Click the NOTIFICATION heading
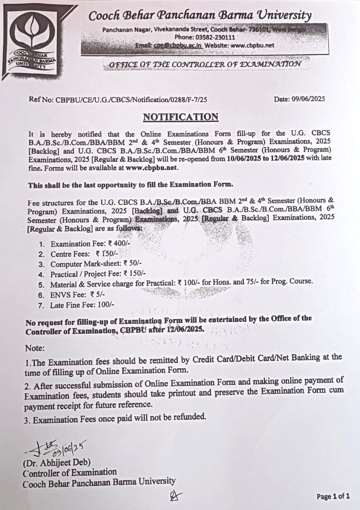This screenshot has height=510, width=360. (x=180, y=117)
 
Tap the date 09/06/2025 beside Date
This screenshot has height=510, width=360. (x=308, y=99)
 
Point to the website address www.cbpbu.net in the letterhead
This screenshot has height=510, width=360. (x=252, y=46)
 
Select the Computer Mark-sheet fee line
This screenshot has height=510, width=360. (x=96, y=264)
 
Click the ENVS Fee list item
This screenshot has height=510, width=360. (x=77, y=295)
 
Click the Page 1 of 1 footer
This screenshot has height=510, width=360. (x=333, y=496)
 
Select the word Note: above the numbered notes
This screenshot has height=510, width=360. (x=35, y=348)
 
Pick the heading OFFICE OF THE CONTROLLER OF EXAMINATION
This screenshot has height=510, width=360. (x=206, y=64)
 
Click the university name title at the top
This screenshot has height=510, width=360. (x=200, y=16)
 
